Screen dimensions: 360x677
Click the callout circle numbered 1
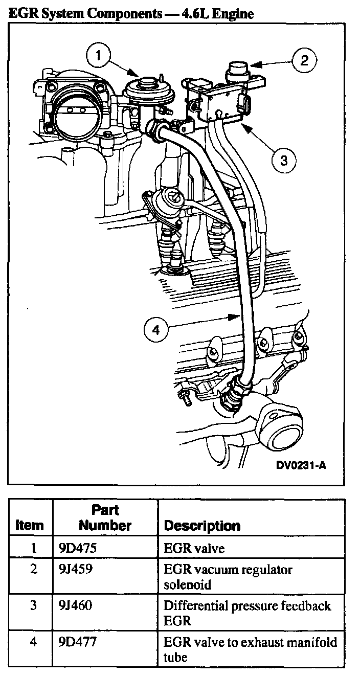click(x=100, y=55)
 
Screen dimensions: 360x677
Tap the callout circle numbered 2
click(x=304, y=61)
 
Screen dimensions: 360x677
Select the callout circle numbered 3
click(x=284, y=161)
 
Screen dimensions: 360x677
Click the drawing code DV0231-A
click(x=301, y=465)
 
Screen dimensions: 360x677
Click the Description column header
click(x=202, y=526)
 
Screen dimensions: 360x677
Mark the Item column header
click(x=30, y=525)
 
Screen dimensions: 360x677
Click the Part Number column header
click(x=105, y=517)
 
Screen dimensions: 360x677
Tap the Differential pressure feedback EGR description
click(x=247, y=613)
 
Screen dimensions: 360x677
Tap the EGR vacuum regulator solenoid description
click(x=228, y=576)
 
